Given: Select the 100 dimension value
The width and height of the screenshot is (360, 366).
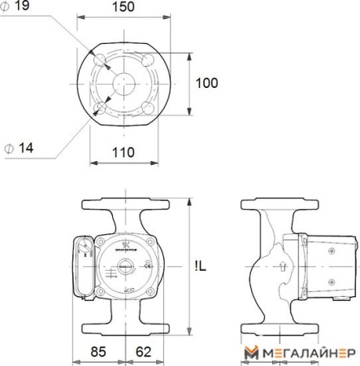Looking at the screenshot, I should pyautogui.click(x=207, y=82).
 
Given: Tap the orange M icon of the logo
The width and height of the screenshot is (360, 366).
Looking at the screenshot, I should pyautogui.click(x=252, y=351).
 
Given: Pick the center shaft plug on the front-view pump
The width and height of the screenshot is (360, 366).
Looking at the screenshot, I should pyautogui.click(x=126, y=265).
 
